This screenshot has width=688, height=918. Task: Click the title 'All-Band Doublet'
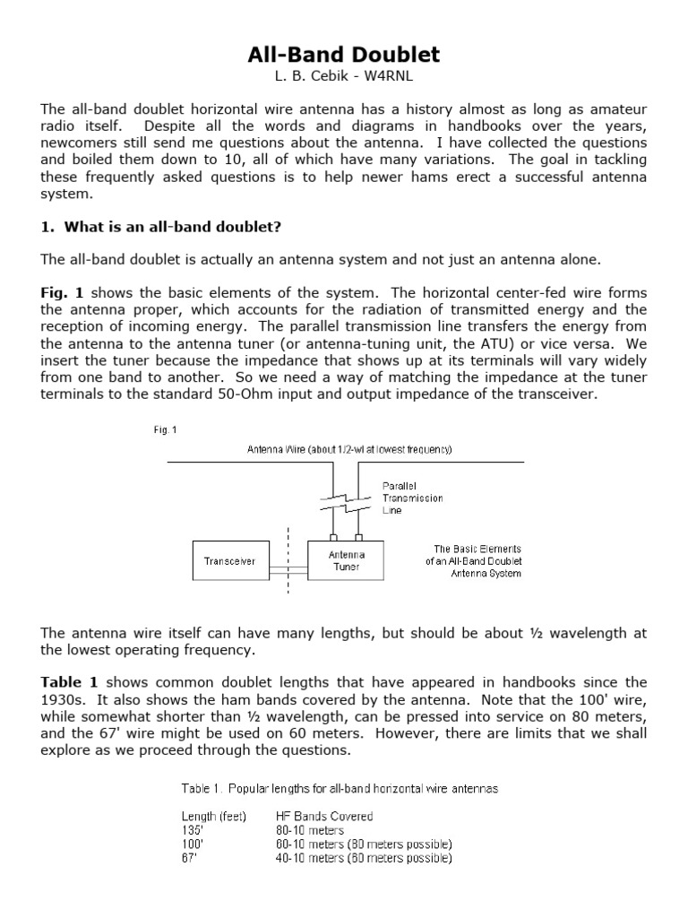point(344,55)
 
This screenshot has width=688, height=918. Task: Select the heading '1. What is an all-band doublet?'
point(161,227)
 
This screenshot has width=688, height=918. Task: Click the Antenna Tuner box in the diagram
point(346,561)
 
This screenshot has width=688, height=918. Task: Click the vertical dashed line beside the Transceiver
point(288,560)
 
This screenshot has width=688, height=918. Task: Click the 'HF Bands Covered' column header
point(324,817)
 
